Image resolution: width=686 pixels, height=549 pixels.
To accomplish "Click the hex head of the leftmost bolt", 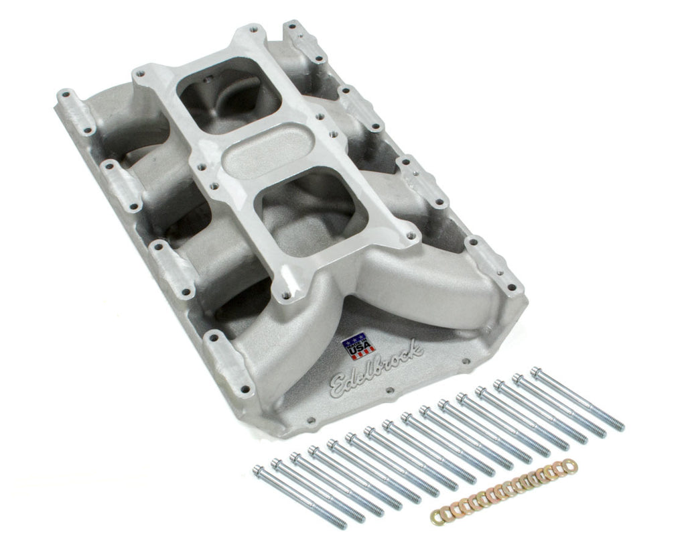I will click(x=259, y=471).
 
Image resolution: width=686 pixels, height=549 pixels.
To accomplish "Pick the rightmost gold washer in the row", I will click(x=570, y=464).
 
